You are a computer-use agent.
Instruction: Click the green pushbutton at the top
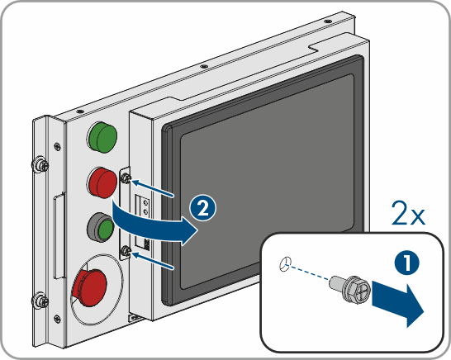[102, 137]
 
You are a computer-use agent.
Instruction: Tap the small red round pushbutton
[102, 182]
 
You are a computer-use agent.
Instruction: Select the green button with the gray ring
[100, 227]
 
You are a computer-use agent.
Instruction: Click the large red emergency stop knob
[90, 287]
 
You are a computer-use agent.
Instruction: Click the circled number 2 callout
[202, 208]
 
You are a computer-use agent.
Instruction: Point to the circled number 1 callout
[406, 263]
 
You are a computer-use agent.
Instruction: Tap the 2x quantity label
[408, 214]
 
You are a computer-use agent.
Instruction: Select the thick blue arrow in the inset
[398, 303]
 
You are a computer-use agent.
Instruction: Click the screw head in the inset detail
[357, 290]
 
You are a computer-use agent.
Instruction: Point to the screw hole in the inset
[285, 264]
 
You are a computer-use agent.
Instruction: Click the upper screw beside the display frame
[126, 178]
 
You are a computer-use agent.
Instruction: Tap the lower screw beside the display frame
[126, 251]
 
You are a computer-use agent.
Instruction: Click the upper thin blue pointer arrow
[153, 188]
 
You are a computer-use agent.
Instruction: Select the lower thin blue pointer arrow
[153, 261]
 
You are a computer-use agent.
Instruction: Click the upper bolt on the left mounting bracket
[40, 165]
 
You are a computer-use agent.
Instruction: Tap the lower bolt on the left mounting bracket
[40, 301]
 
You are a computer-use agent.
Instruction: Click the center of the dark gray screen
[263, 181]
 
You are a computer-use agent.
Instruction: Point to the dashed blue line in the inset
[310, 272]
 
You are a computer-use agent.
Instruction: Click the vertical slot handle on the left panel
[59, 236]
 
